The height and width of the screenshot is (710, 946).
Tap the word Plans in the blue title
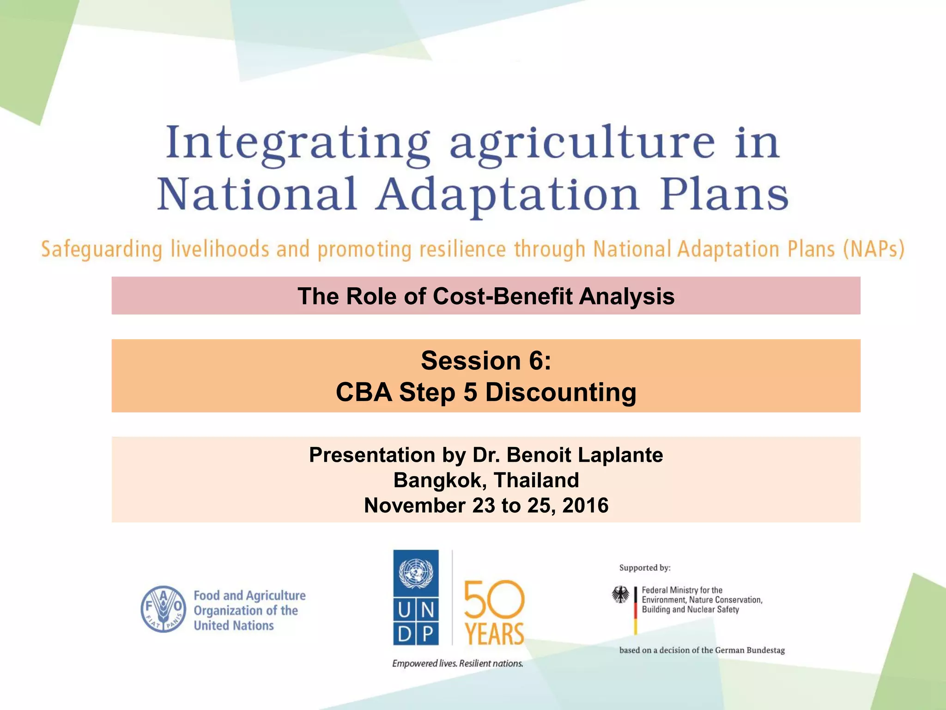(x=724, y=194)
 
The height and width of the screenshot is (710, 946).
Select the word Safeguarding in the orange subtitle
(x=102, y=250)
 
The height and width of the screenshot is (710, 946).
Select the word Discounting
(x=560, y=392)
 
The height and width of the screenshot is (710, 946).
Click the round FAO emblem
(x=164, y=609)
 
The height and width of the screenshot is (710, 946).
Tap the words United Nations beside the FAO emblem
(x=234, y=625)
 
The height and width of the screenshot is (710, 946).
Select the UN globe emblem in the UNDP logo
(x=416, y=573)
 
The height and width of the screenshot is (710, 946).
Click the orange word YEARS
(x=494, y=634)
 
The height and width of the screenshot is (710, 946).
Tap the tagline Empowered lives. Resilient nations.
(x=457, y=663)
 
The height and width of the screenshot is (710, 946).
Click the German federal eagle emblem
(x=620, y=595)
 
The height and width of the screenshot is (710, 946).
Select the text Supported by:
(x=645, y=568)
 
